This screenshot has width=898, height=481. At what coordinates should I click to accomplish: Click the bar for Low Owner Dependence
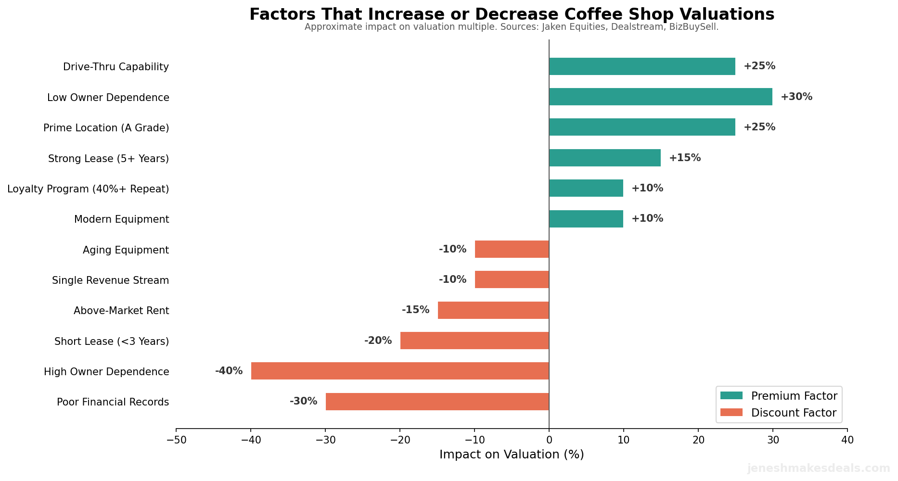[x=660, y=97]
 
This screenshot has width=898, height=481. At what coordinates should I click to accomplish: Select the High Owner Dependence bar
[x=400, y=371]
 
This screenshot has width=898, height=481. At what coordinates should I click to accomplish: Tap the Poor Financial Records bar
[x=437, y=402]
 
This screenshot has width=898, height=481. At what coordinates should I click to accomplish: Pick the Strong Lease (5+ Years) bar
[x=604, y=158]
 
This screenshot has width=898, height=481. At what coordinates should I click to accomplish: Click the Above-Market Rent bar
[x=493, y=310]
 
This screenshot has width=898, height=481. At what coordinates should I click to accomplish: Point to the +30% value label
[x=796, y=97]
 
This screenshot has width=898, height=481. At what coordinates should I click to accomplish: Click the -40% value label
[x=229, y=371]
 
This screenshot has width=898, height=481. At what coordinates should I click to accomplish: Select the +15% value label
[x=684, y=158]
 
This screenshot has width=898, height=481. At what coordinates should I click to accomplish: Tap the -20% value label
[x=378, y=341]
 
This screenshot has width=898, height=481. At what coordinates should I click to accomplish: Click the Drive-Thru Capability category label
[x=116, y=67]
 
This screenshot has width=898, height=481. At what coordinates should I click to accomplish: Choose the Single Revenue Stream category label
[x=110, y=280]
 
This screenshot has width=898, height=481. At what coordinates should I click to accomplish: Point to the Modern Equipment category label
[x=121, y=219]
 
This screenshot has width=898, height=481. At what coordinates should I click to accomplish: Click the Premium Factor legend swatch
[x=731, y=396]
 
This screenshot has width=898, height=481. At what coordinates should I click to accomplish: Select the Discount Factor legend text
[x=794, y=413]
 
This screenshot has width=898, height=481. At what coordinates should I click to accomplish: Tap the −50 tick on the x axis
[x=176, y=440]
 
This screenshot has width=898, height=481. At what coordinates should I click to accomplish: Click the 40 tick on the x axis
[x=847, y=440]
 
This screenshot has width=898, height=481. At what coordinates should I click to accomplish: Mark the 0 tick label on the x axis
[x=549, y=440]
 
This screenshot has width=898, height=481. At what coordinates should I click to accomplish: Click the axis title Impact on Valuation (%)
[x=511, y=455]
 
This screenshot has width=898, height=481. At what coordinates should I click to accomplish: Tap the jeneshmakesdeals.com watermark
[x=818, y=468]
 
